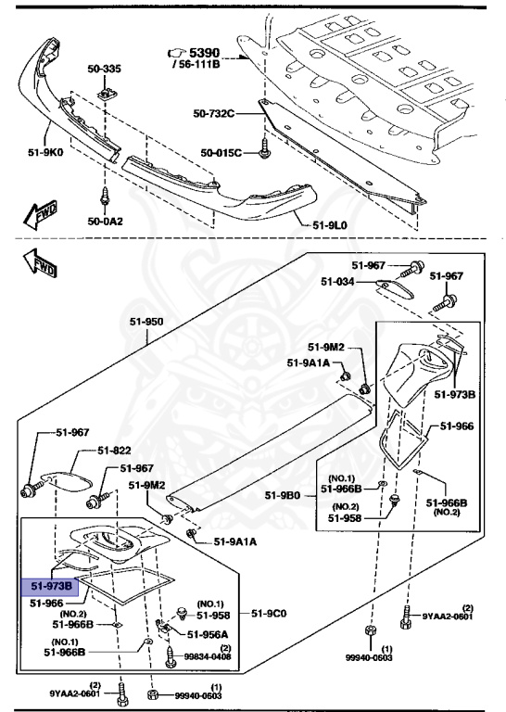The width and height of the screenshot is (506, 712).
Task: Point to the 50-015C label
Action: click(x=221, y=152)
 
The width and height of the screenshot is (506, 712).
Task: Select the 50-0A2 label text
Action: click(x=105, y=222)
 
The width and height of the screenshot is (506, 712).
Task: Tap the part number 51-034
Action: click(x=339, y=281)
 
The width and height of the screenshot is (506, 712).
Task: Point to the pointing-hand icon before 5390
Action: click(x=174, y=54)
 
